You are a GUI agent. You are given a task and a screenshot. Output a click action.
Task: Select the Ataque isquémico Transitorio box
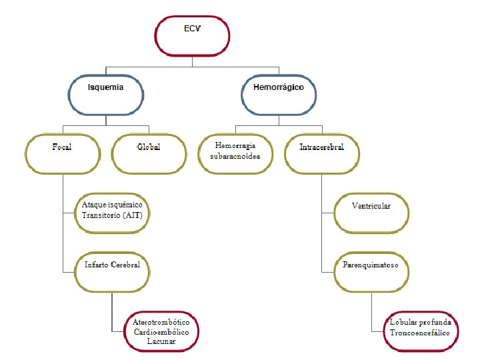(x=112, y=211)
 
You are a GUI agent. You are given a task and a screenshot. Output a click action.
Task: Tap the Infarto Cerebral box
(x=112, y=269)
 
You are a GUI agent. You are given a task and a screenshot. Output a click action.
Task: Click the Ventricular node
(x=371, y=211)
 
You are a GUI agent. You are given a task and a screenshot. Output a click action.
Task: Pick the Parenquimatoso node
(x=371, y=269)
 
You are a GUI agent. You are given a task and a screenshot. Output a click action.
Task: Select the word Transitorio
(x=101, y=215)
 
